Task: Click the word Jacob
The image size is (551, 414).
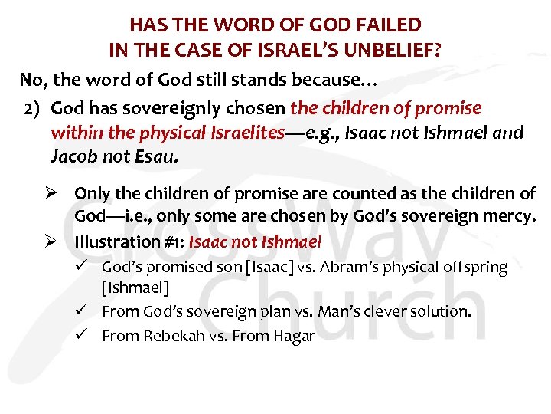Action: click(x=71, y=157)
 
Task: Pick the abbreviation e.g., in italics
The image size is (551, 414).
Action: click(x=317, y=133)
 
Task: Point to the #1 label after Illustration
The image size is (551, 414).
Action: click(x=171, y=242)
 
